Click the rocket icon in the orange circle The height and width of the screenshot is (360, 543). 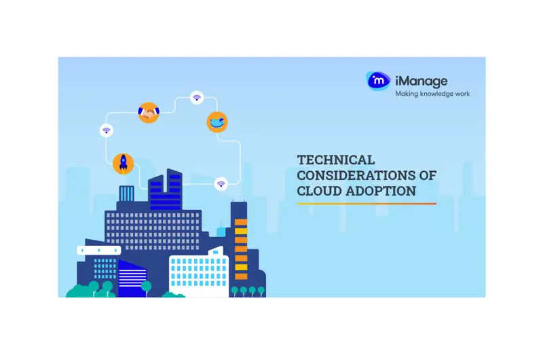[x=124, y=164]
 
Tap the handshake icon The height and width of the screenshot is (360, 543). [x=149, y=112]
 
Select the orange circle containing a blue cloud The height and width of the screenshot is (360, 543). [x=217, y=122]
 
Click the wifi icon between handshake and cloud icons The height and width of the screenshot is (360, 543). [x=197, y=98]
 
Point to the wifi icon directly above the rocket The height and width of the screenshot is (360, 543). [x=107, y=130]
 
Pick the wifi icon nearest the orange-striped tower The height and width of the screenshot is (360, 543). [x=221, y=183]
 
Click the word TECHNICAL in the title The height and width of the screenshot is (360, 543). [x=335, y=160]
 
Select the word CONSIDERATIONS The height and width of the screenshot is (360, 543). [x=356, y=175]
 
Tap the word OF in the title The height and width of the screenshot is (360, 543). [x=428, y=175]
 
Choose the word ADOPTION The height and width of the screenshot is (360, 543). [x=381, y=191]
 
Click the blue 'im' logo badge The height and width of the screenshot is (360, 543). [x=378, y=81]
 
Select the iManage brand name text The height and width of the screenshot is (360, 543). [x=421, y=82]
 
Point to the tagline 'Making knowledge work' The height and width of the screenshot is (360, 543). [x=432, y=94]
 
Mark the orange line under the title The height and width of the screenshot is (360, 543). [x=367, y=204]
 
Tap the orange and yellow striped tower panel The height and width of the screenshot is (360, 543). [x=241, y=249]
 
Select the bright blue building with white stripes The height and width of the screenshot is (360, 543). [x=132, y=278]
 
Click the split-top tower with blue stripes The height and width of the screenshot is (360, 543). [x=166, y=190]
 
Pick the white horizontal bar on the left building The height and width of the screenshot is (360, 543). [x=99, y=250]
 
